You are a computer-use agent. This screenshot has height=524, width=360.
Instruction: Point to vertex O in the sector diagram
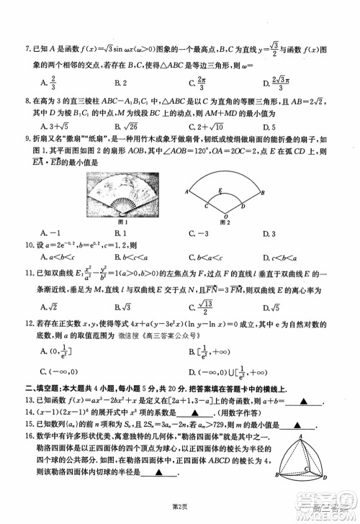tap(228, 214)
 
